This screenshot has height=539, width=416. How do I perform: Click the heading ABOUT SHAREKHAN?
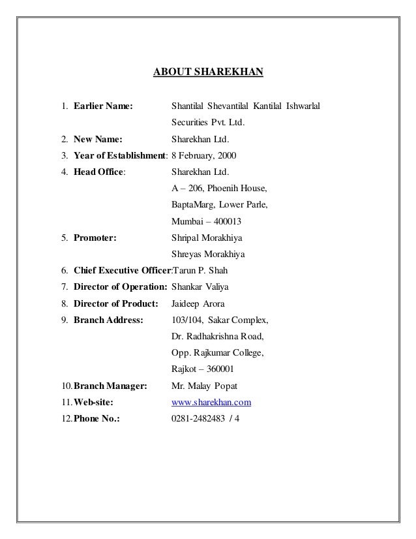pyautogui.click(x=207, y=70)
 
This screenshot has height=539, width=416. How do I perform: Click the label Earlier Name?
pyautogui.click(x=104, y=105)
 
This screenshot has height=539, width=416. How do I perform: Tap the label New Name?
pyautogui.click(x=97, y=139)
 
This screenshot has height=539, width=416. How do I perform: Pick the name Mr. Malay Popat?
pyautogui.click(x=200, y=386)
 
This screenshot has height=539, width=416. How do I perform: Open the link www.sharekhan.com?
pyautogui.click(x=211, y=403)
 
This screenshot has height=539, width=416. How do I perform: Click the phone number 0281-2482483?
pyautogui.click(x=198, y=419)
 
